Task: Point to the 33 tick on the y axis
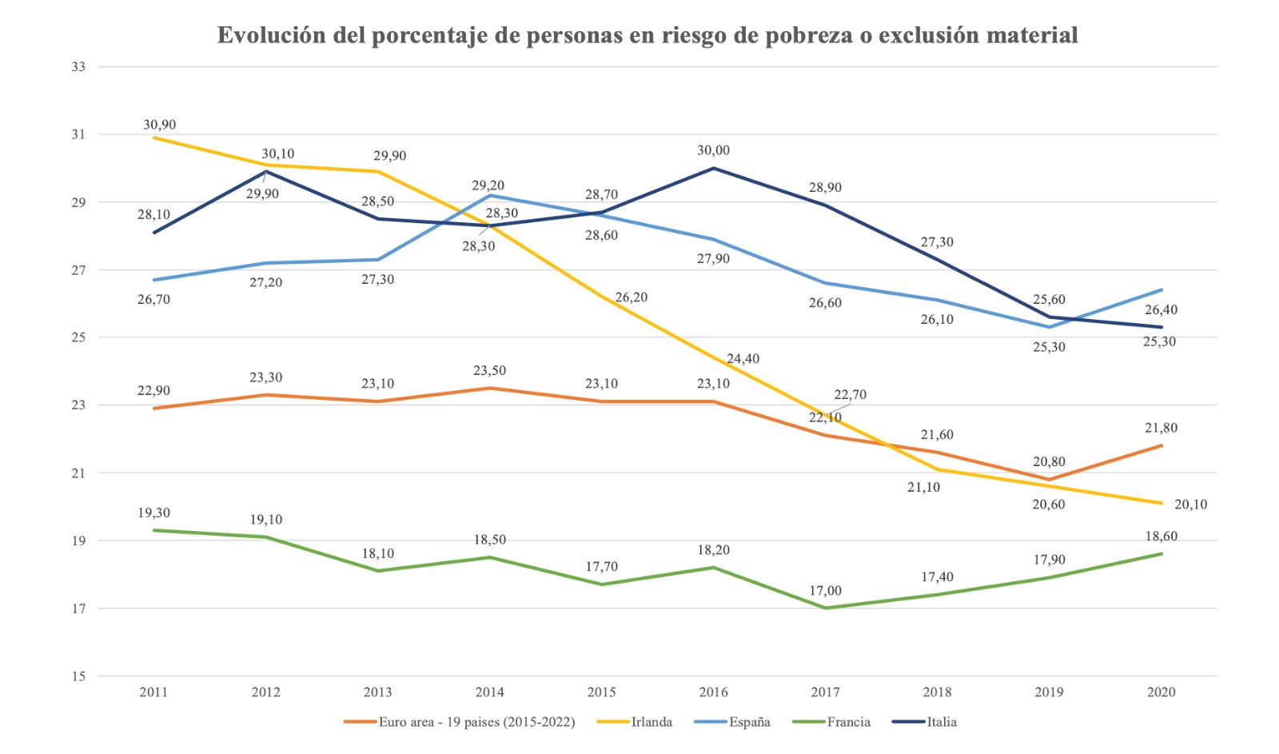point(78,66)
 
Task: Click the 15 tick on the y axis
point(78,676)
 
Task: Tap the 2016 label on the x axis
point(713,692)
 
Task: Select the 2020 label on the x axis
point(1161,692)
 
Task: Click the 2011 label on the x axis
point(153,692)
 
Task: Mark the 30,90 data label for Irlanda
point(160,125)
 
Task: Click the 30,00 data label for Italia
point(713,150)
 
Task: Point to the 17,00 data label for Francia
point(825,591)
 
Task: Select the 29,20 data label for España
point(488,186)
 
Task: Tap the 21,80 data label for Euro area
point(1161,428)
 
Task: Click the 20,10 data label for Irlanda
point(1190,505)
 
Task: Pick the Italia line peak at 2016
point(713,168)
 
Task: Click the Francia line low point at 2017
point(825,608)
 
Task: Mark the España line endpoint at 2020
point(1161,289)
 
